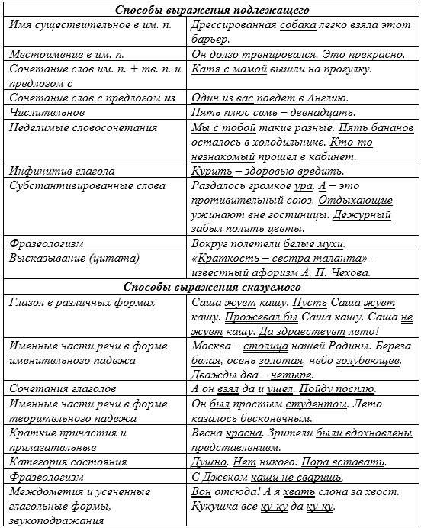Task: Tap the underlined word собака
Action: [277, 24]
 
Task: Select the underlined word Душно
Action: [210, 462]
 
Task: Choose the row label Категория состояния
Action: [66, 462]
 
